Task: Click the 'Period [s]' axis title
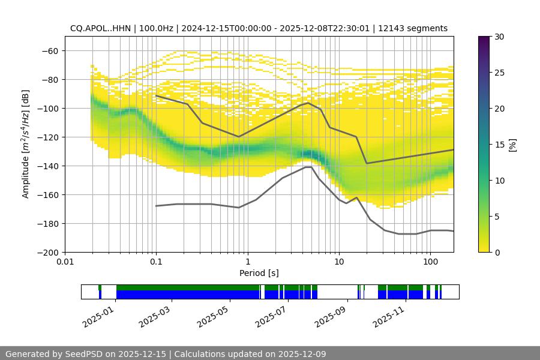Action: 259,273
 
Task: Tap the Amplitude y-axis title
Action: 26,144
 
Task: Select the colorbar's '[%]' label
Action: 512,145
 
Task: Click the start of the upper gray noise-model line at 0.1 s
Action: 156,95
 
